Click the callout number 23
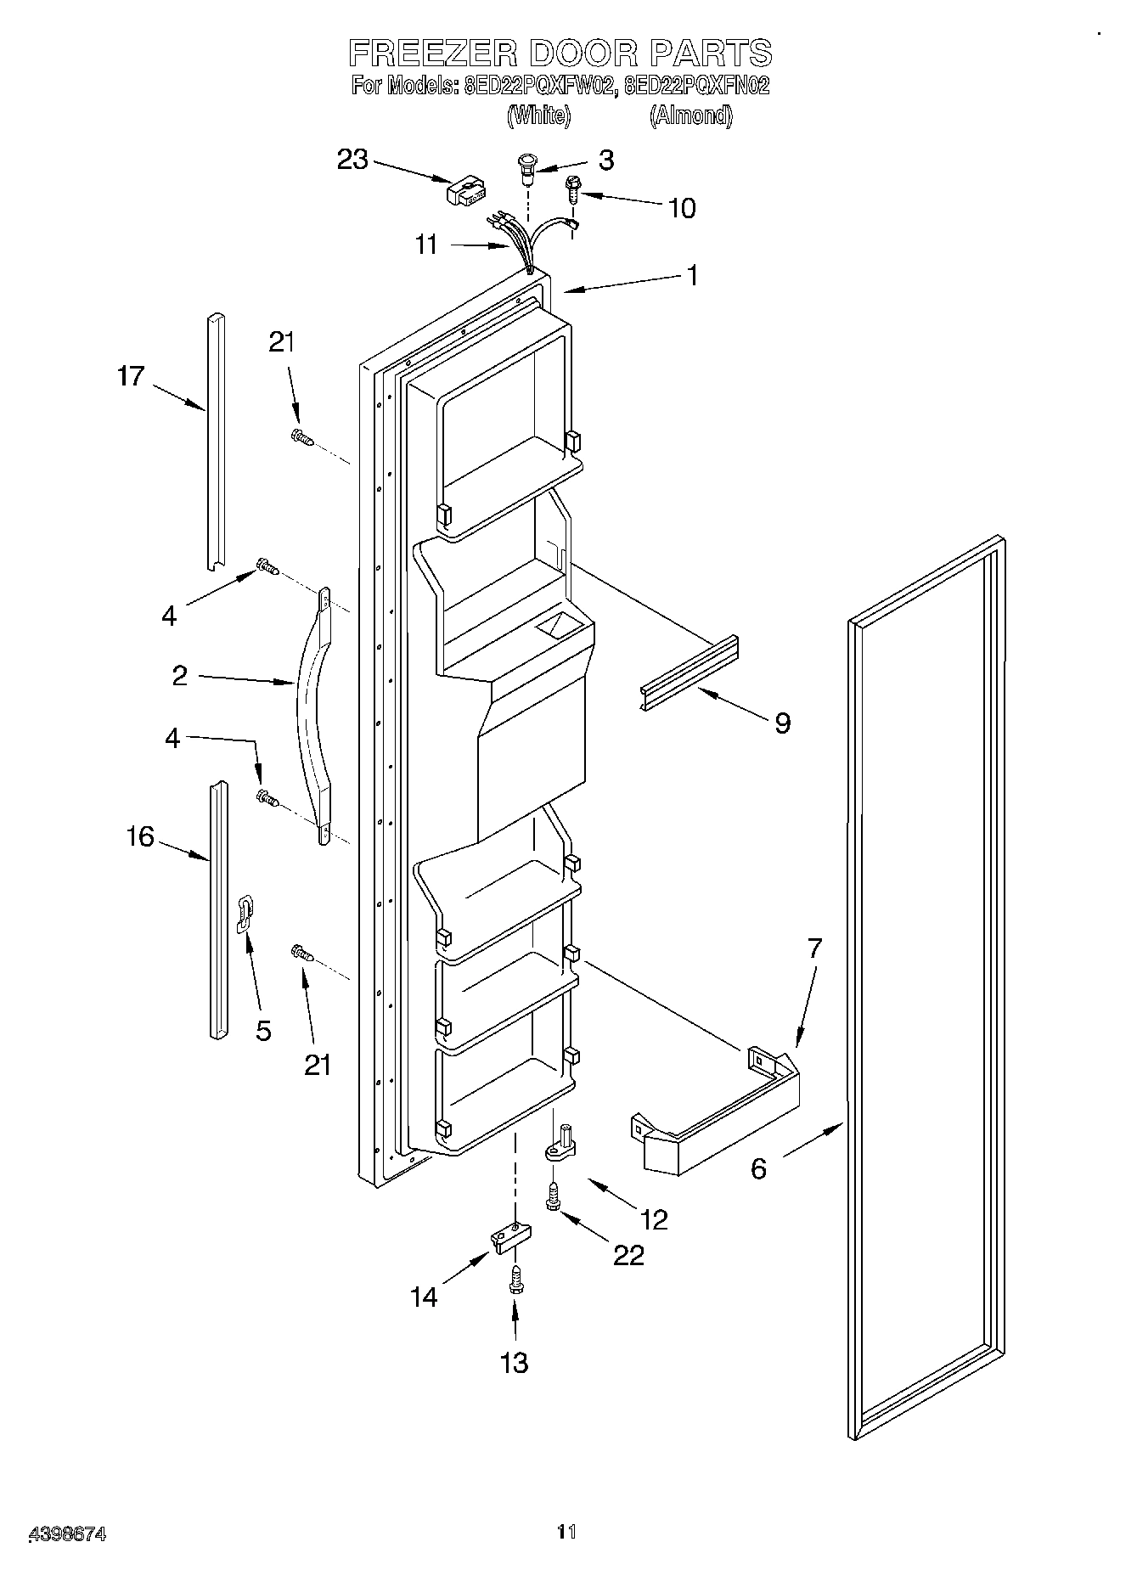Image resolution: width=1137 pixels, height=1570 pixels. coord(352,159)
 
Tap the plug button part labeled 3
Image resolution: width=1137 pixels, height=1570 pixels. coord(527,168)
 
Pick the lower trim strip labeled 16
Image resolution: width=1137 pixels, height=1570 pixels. coord(218,909)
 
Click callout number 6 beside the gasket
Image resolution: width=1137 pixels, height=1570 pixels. coord(758,1168)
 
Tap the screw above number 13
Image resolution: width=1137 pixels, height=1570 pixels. coord(515,1280)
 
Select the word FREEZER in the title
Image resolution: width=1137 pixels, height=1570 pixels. coord(431,53)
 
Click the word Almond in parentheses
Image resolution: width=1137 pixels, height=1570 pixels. coord(690,115)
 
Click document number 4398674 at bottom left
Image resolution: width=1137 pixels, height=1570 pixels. coord(66,1533)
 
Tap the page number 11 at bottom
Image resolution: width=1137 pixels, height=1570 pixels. coord(566,1531)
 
